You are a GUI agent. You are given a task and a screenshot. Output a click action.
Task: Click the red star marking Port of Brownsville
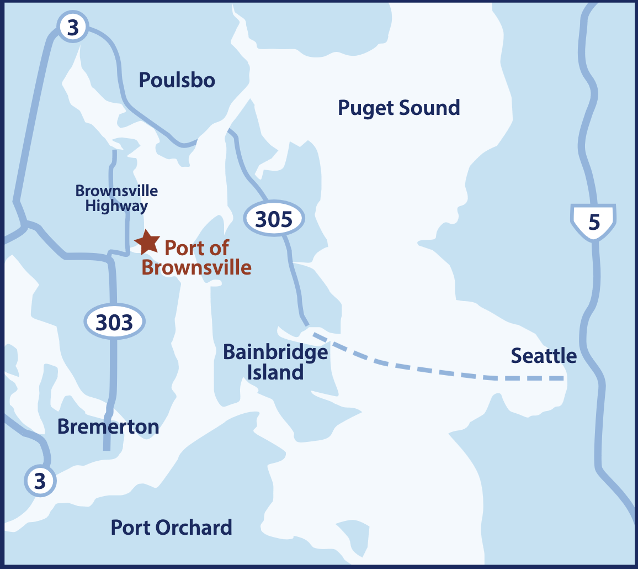coord(147,241)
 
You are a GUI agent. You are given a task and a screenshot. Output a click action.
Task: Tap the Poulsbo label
coord(177,81)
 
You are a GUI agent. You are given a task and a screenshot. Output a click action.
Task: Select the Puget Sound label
coord(398,108)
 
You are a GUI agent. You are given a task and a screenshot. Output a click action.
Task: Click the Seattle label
coord(544,356)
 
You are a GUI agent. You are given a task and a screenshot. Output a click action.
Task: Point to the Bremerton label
coord(108,427)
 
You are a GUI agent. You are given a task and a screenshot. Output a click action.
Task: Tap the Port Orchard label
coord(171,528)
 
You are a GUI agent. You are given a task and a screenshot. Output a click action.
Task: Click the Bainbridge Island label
coord(275,362)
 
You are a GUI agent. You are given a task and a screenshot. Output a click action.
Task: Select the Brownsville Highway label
coord(116,199)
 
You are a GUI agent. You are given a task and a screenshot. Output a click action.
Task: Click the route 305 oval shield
coord(275,219)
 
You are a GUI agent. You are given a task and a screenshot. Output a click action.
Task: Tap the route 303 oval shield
coord(114,322)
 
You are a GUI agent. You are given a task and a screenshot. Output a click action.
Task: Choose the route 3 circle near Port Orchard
coord(40,481)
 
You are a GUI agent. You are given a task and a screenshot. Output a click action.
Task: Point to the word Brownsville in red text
coord(196,268)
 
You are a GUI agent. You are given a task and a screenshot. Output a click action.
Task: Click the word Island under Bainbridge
coord(275,372)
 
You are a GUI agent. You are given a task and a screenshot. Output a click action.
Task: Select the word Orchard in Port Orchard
coord(193,528)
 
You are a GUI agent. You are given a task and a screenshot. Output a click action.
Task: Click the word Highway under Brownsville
coord(117,207)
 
